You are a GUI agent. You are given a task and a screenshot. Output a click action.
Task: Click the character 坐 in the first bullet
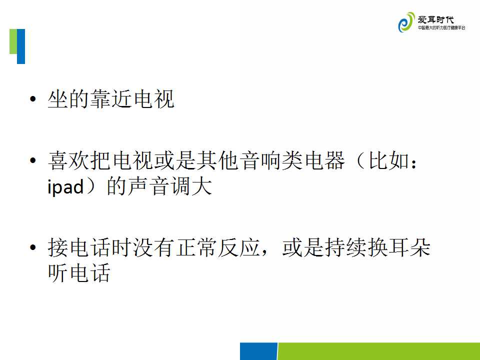[58, 99]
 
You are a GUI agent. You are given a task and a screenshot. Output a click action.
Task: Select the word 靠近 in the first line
[111, 99]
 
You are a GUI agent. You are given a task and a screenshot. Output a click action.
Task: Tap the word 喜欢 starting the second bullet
[68, 160]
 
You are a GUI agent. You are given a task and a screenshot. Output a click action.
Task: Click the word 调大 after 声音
[191, 186]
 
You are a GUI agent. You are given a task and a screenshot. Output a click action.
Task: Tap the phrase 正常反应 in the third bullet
[218, 247]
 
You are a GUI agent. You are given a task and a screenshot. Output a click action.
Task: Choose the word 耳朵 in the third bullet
[409, 247]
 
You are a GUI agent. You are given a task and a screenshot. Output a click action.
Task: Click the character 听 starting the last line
[58, 273]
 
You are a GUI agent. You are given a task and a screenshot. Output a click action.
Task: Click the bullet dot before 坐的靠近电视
[33, 99]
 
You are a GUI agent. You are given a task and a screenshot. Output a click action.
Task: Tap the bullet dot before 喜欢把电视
[33, 160]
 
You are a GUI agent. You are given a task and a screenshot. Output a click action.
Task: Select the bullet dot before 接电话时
[33, 247]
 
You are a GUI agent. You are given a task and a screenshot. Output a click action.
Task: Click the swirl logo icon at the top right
[406, 22]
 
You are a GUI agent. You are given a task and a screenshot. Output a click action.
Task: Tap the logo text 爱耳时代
[435, 19]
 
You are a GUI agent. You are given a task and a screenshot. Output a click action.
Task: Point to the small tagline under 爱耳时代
[441, 28]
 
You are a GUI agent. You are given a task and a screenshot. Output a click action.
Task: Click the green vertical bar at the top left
[13, 41]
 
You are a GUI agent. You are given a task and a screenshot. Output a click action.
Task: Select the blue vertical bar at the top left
[21, 46]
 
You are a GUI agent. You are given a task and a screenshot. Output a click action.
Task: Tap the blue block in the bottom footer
[258, 351]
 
